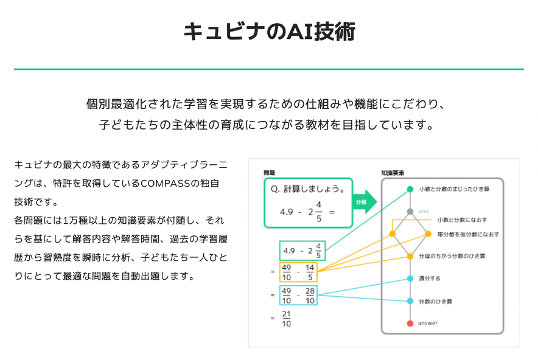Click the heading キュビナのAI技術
coord(269,31)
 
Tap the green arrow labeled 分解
coord(363,201)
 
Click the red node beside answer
coord(410,323)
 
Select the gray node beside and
coord(410,212)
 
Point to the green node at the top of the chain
coord(410,189)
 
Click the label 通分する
coord(430,279)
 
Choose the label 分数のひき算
coord(435,301)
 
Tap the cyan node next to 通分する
coord(410,279)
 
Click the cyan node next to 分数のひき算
coord(410,301)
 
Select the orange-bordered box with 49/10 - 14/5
coord(298,272)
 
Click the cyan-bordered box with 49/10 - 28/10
coord(298,295)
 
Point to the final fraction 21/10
coord(287,319)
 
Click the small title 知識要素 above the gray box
coord(393,173)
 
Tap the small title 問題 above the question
coord(270,173)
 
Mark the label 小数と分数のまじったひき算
coord(455,189)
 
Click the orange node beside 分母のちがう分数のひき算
coord(410,256)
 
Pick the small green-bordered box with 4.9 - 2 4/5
coord(302,251)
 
